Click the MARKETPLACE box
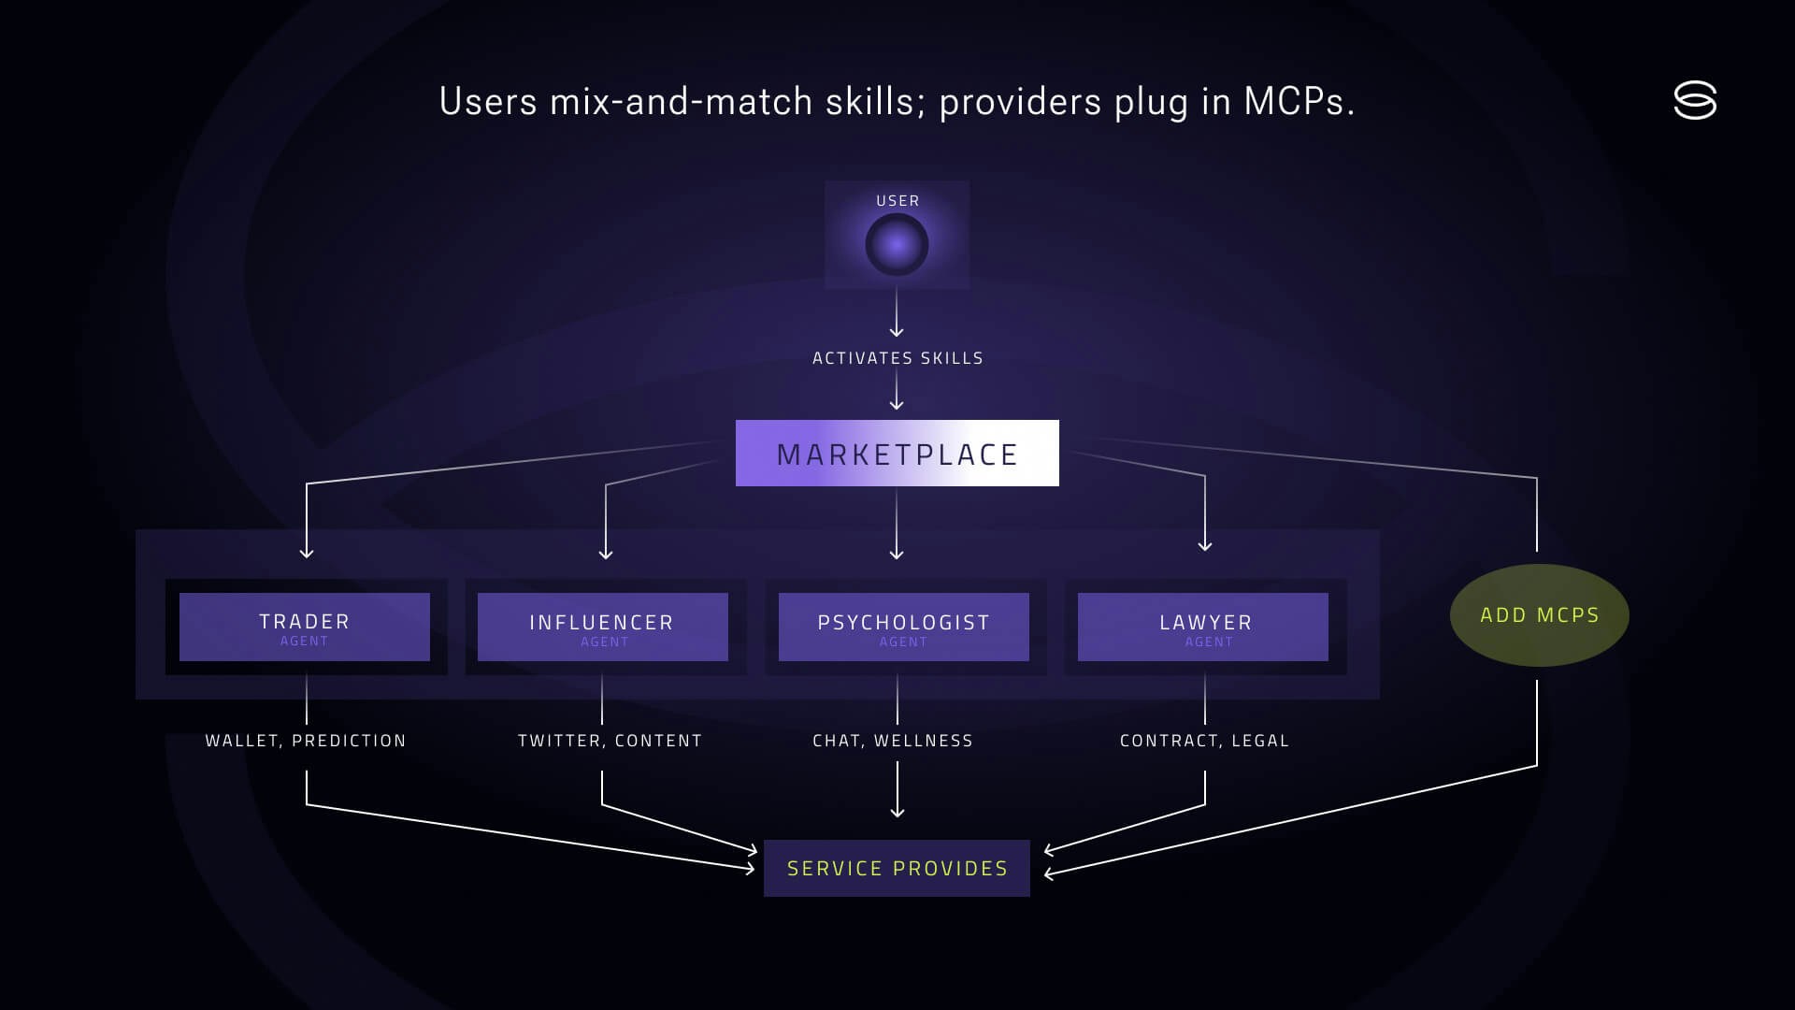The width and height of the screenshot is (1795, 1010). (x=897, y=454)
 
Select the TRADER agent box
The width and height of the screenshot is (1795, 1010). (x=305, y=627)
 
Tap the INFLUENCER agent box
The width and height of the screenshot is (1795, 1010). (x=602, y=627)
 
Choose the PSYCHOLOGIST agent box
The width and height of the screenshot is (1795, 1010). (x=903, y=627)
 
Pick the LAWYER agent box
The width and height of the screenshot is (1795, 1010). (x=1203, y=627)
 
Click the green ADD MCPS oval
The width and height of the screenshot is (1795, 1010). (x=1539, y=615)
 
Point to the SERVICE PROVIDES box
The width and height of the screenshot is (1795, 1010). (x=897, y=868)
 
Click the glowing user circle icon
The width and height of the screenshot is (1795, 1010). (x=897, y=245)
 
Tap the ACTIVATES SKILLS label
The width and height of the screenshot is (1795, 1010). (x=897, y=358)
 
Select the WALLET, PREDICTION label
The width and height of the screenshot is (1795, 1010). (x=306, y=741)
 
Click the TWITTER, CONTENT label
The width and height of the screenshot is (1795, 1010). (x=610, y=741)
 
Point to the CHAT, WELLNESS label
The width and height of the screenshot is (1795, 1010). (x=893, y=741)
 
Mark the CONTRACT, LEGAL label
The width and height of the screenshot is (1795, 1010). (x=1204, y=741)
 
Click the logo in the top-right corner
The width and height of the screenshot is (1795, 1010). (x=1695, y=100)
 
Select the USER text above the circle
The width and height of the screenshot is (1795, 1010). (x=897, y=201)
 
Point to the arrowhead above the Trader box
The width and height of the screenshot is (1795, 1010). (x=307, y=553)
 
